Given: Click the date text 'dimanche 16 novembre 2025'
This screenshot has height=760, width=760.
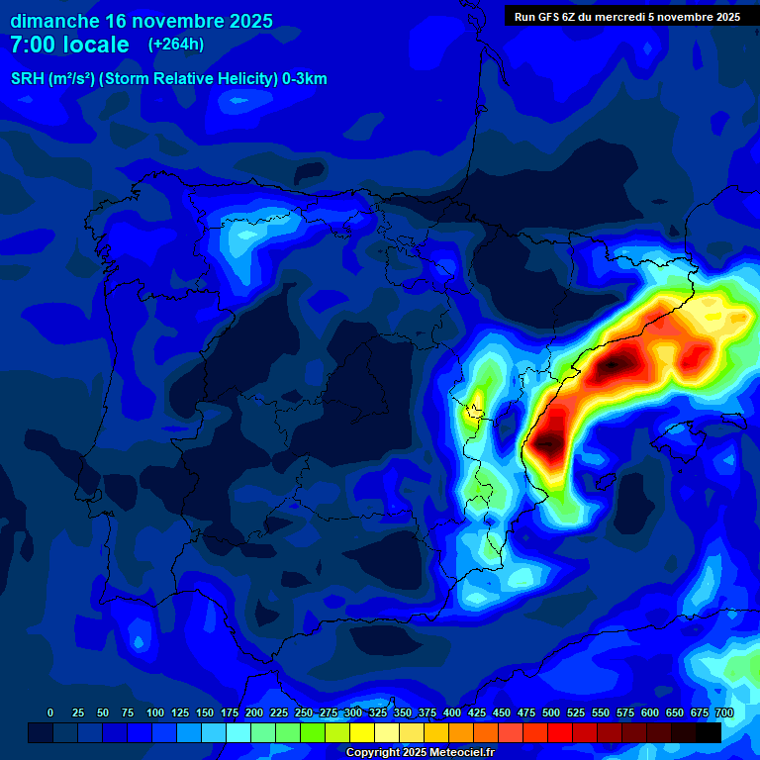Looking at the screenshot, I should pyautogui.click(x=142, y=21).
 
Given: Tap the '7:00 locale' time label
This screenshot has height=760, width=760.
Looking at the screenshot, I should pyautogui.click(x=69, y=45).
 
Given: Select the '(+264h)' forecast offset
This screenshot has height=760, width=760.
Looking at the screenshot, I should pyautogui.click(x=176, y=45).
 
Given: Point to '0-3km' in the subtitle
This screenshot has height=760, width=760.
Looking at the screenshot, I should pyautogui.click(x=305, y=79).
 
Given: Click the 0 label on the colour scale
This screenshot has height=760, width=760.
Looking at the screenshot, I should pyautogui.click(x=50, y=712).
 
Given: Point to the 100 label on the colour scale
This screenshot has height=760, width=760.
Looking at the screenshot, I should pyautogui.click(x=155, y=712).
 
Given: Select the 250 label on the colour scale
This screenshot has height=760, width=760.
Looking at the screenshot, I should pyautogui.click(x=304, y=712).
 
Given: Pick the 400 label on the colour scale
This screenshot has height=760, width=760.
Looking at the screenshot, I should pyautogui.click(x=452, y=712).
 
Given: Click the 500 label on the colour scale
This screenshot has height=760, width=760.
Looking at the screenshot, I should pyautogui.click(x=551, y=712).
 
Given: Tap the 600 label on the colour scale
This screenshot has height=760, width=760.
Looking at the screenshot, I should pyautogui.click(x=650, y=712).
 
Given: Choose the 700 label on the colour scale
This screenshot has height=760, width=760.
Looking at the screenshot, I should pyautogui.click(x=724, y=712).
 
